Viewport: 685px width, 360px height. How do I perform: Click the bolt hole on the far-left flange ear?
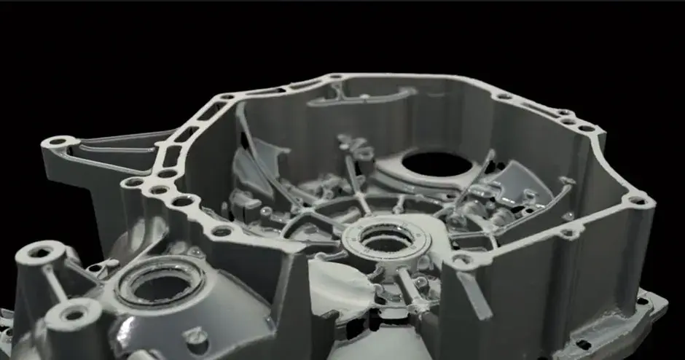(58, 141)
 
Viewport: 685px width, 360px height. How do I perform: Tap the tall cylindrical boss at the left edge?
(39, 255)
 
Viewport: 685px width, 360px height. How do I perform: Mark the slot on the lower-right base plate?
(584, 343)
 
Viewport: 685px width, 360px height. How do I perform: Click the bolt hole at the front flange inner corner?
(461, 259)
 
